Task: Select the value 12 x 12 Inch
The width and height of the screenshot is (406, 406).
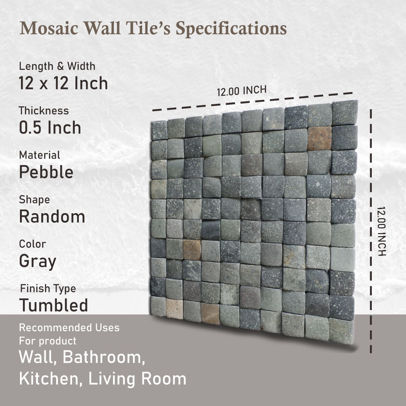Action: pyautogui.click(x=63, y=83)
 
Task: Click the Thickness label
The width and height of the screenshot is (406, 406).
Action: pyautogui.click(x=44, y=111)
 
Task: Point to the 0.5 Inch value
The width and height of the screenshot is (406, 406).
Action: pyautogui.click(x=50, y=128)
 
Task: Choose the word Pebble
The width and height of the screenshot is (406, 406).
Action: pyautogui.click(x=46, y=172)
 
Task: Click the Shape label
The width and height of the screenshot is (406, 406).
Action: pyautogui.click(x=35, y=200)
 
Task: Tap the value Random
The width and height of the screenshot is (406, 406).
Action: pyautogui.click(x=52, y=217)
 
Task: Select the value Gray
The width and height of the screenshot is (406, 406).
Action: pyautogui.click(x=38, y=261)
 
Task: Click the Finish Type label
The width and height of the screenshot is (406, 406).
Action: pyautogui.click(x=48, y=289)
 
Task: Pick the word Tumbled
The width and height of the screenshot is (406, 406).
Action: pyautogui.click(x=54, y=305)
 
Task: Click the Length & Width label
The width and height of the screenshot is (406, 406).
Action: pyautogui.click(x=57, y=66)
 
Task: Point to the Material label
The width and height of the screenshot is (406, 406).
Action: pyautogui.click(x=40, y=155)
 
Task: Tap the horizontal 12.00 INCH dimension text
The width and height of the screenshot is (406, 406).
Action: pyautogui.click(x=242, y=91)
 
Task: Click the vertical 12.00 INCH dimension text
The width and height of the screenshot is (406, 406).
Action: pyautogui.click(x=381, y=231)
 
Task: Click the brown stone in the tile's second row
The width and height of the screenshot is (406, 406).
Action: pyautogui.click(x=319, y=138)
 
